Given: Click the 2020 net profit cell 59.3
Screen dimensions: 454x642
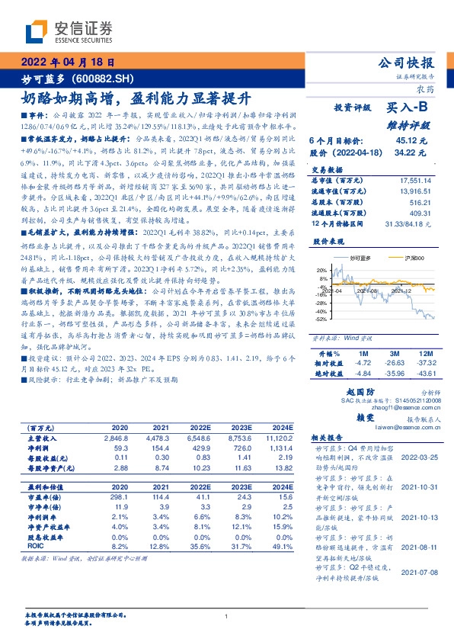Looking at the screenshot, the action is click(x=120, y=449).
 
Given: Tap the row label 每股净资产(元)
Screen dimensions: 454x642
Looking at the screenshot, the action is click(x=48, y=469).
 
